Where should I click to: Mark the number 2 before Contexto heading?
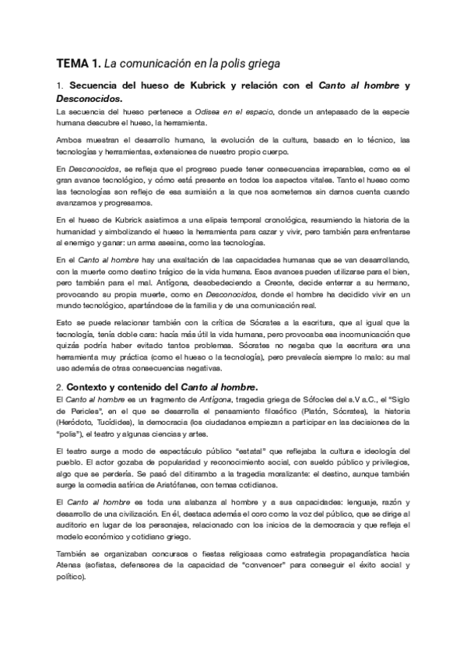(61, 388)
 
